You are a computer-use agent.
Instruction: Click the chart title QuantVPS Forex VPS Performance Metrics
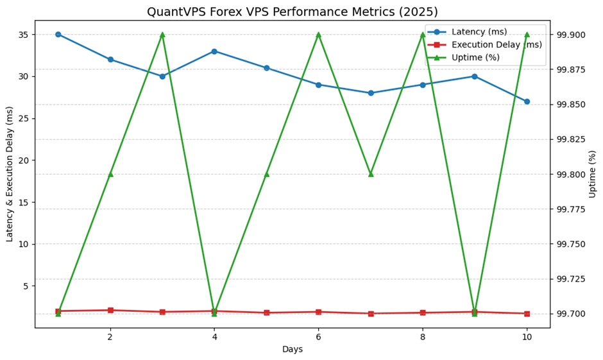(292, 12)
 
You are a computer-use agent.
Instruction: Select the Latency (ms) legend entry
(478, 31)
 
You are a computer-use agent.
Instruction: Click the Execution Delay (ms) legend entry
(488, 44)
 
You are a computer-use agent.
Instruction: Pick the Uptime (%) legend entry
(475, 57)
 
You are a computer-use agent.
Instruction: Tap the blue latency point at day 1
(58, 35)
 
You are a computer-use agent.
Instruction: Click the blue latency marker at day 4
(214, 51)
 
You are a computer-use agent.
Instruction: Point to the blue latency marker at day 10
(527, 101)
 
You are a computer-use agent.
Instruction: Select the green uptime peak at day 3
(162, 35)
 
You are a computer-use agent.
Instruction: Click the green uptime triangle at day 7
(371, 174)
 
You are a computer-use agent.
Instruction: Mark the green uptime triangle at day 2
(110, 174)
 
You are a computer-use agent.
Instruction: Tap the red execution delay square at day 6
(318, 312)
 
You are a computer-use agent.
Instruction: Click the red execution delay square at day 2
(110, 310)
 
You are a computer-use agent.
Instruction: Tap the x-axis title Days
(292, 349)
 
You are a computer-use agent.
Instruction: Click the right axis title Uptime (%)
(593, 174)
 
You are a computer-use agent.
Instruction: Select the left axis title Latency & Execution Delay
(10, 174)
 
